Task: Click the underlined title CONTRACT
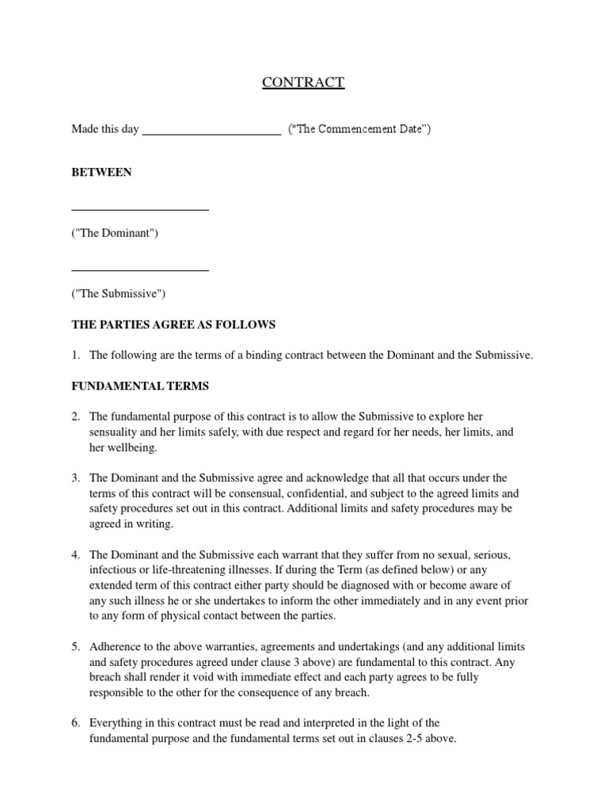(303, 82)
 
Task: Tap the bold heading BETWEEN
(101, 172)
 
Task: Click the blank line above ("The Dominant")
(140, 209)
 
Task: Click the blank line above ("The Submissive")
(140, 270)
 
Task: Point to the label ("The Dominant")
(115, 233)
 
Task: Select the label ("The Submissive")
(119, 294)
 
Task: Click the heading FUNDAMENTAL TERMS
(140, 386)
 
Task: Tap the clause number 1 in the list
(75, 356)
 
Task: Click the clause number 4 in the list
(75, 554)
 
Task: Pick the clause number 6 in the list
(75, 722)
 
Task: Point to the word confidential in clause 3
(306, 493)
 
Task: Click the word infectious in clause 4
(112, 570)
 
